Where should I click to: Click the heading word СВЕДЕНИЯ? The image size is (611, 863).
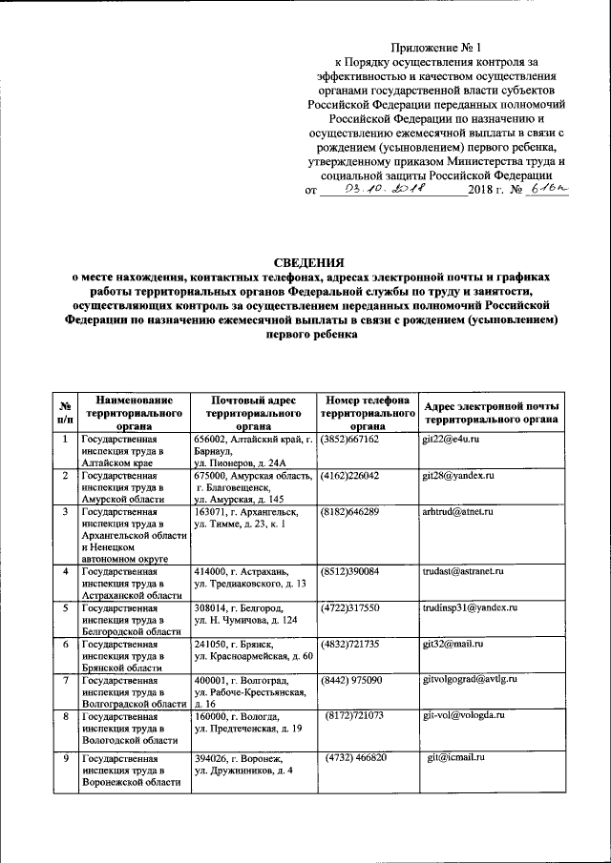[x=305, y=262]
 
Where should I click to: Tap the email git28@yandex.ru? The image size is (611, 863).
[x=457, y=475]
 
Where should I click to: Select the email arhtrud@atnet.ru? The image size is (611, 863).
[x=457, y=512]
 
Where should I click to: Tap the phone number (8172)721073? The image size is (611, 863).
[x=354, y=715]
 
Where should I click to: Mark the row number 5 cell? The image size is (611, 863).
[x=65, y=606]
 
